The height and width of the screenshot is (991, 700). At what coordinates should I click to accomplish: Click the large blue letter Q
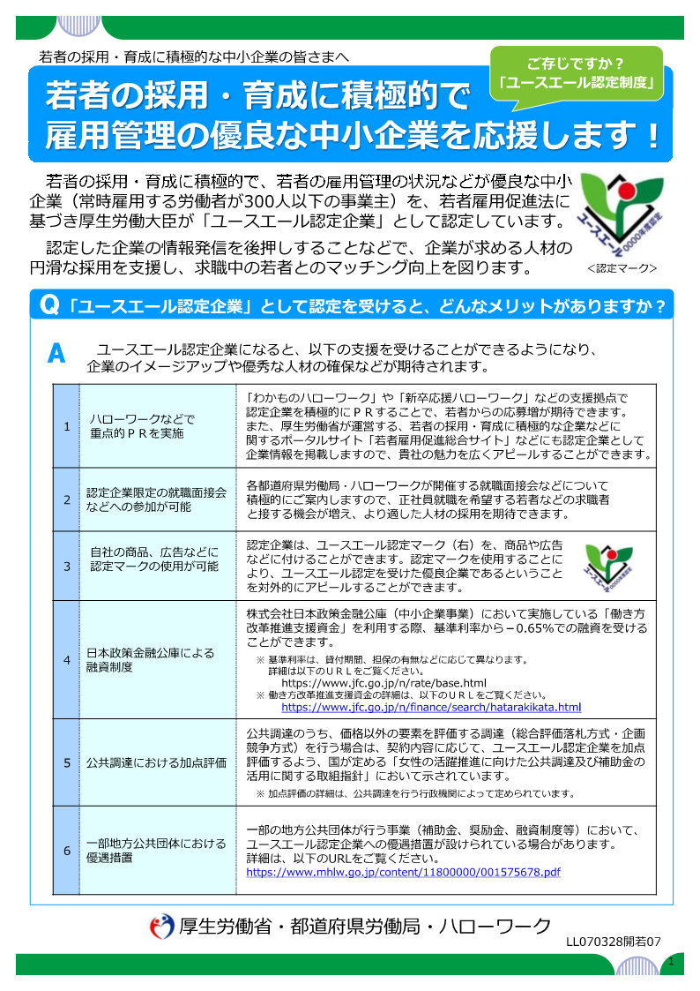[50, 305]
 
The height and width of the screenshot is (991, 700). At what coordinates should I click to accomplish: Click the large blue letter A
[56, 354]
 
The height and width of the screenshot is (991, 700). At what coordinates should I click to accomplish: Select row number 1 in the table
[66, 427]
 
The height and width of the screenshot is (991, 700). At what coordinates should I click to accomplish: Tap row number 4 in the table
[66, 659]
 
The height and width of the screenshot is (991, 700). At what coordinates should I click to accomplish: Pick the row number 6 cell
[66, 851]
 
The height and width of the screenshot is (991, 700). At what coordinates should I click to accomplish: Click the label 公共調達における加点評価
[156, 761]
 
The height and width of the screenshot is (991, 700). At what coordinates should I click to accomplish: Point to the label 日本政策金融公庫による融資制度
[150, 660]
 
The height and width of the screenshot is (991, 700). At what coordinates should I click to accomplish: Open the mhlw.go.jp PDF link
[403, 873]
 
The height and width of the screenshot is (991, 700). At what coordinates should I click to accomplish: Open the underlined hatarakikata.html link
[431, 708]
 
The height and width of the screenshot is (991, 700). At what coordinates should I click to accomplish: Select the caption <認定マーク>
[622, 267]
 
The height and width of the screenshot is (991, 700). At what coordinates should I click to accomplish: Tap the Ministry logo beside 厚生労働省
[161, 927]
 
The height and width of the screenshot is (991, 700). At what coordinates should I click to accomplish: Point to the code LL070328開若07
[614, 942]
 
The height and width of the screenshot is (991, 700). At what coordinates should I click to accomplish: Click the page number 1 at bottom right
[671, 961]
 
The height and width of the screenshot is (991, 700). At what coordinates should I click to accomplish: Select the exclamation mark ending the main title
[652, 135]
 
